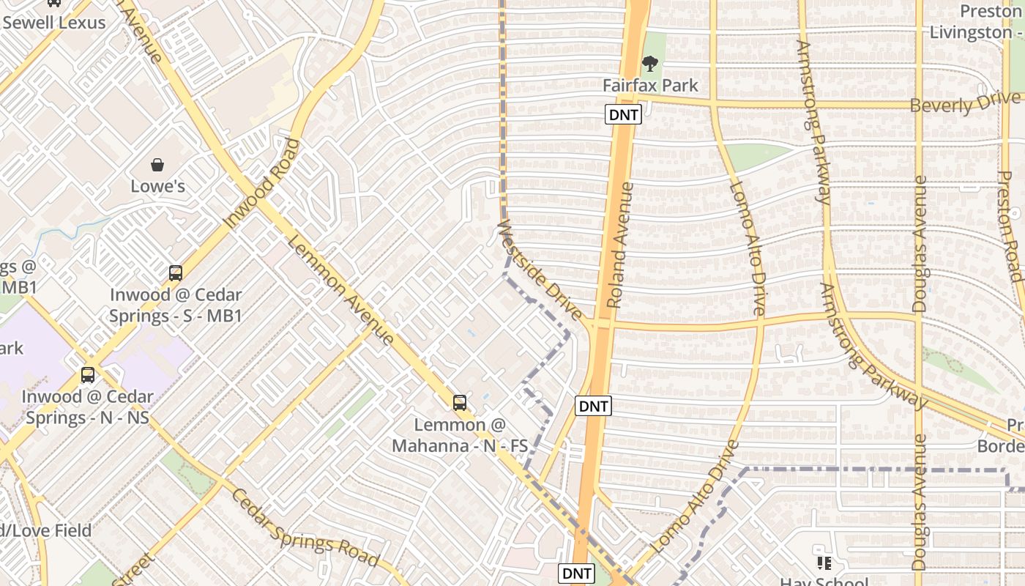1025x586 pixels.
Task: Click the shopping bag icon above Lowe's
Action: pos(157,164)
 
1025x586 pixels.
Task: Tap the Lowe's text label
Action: pos(157,186)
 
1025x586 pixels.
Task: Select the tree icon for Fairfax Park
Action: pos(649,64)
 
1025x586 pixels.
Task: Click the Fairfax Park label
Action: pos(650,85)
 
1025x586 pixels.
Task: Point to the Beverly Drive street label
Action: pos(964,103)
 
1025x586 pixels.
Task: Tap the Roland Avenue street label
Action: pos(621,245)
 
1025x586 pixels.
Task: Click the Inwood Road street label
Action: pos(262,183)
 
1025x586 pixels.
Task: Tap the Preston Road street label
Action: pos(1010,226)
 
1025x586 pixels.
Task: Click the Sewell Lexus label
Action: pos(54,22)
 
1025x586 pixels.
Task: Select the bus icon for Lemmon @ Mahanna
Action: pos(460,402)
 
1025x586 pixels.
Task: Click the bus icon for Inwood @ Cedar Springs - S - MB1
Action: pos(176,273)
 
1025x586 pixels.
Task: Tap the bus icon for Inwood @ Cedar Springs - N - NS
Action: pos(88,375)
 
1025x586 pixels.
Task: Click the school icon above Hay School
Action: pos(824,563)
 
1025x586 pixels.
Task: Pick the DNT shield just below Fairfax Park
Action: pos(623,114)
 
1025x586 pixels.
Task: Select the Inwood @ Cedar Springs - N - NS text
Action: pos(87,407)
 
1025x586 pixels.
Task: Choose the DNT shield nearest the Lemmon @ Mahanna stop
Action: pos(593,406)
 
